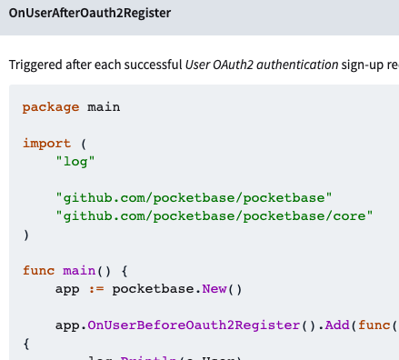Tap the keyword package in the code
click(x=51, y=107)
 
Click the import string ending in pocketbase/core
click(x=214, y=216)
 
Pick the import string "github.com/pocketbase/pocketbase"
click(x=195, y=198)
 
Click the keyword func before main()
click(x=39, y=271)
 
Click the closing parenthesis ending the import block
click(x=26, y=235)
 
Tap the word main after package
click(x=104, y=107)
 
